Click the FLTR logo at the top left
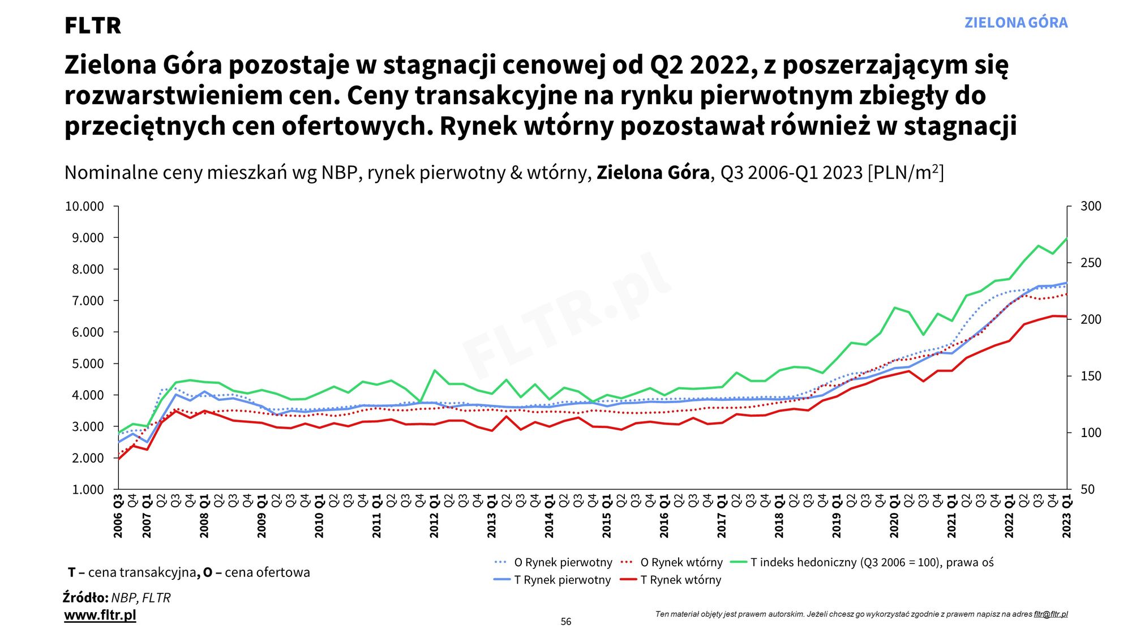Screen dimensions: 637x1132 coord(93,25)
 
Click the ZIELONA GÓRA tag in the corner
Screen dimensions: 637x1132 coord(1016,23)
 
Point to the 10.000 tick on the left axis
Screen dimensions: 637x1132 coord(84,207)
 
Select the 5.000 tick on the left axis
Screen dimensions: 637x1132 coord(88,364)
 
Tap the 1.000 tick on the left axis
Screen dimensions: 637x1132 coord(88,489)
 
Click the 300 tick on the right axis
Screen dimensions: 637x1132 coord(1091,206)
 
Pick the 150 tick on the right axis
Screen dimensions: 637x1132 coord(1091,376)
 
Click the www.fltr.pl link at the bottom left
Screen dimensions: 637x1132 coord(100,615)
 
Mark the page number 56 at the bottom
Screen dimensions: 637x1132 coord(566,622)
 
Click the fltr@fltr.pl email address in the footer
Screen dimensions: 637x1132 coord(1050,614)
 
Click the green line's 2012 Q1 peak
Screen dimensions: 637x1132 coord(435,370)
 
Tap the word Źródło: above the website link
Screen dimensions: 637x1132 coord(85,597)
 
